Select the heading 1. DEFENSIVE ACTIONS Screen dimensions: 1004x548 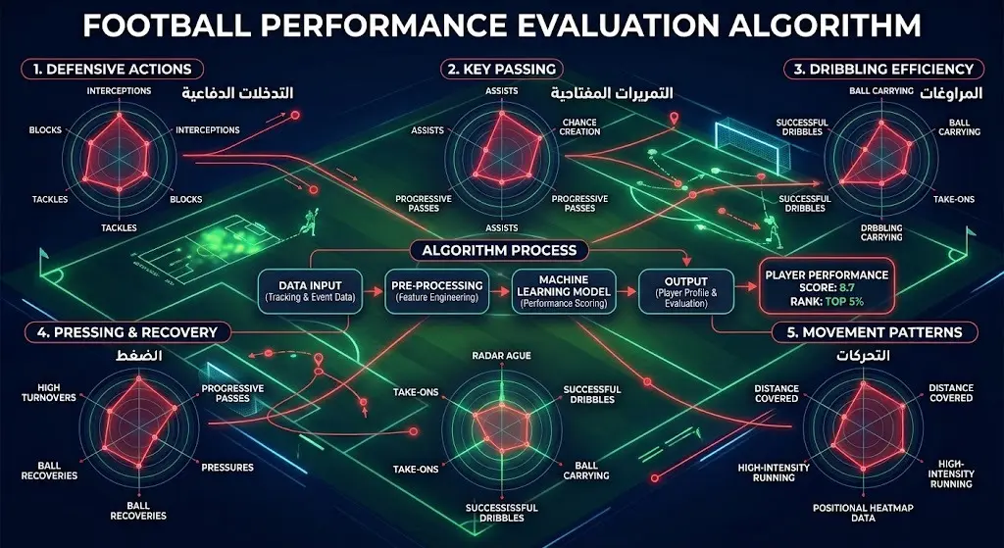pos(112,70)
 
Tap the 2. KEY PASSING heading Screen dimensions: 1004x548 pos(502,70)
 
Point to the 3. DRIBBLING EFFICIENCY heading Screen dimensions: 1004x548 pos(883,70)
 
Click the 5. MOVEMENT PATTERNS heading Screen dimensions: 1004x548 pos(875,332)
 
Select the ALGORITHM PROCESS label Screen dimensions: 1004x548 pos(499,250)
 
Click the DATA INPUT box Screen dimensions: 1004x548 pos(310,291)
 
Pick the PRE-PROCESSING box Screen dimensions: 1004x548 pos(436,291)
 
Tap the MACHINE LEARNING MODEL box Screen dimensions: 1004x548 pos(564,291)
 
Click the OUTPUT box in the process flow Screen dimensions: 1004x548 pos(685,291)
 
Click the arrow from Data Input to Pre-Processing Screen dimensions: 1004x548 pos(374,291)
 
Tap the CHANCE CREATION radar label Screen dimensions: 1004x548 pos(579,126)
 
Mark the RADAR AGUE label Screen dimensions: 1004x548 pos(501,355)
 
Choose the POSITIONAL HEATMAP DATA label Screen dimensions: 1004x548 pos(863,513)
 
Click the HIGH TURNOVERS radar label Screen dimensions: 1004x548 pos(49,392)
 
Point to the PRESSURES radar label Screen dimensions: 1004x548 pos(227,468)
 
